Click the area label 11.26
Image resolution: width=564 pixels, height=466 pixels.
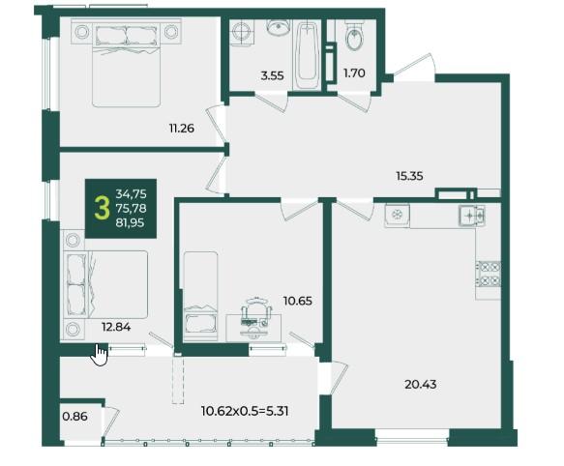click(x=182, y=128)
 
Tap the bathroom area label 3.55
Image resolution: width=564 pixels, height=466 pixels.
click(x=272, y=75)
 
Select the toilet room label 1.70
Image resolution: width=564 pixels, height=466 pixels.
click(x=354, y=73)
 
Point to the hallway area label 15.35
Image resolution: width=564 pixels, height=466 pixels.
click(x=409, y=176)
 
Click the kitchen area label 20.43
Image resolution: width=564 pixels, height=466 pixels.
click(x=421, y=385)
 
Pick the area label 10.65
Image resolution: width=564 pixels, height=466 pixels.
click(x=297, y=301)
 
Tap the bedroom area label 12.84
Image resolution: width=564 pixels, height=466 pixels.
click(x=116, y=327)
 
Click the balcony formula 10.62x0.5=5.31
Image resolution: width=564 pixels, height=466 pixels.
click(x=245, y=411)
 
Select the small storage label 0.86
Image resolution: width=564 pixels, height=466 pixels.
click(x=74, y=417)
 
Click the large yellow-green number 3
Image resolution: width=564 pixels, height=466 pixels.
click(x=102, y=209)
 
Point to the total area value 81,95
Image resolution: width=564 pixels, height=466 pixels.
click(x=130, y=223)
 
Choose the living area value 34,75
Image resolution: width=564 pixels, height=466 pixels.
click(x=131, y=194)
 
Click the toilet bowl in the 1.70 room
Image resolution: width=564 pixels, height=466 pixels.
click(x=355, y=36)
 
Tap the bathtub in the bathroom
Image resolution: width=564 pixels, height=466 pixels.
click(x=307, y=55)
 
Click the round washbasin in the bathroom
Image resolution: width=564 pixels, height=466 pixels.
click(x=279, y=27)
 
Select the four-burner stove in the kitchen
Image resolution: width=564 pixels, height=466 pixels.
click(x=489, y=274)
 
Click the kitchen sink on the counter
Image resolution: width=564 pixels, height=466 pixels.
click(x=472, y=216)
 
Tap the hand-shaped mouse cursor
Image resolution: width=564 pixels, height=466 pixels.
click(x=100, y=355)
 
